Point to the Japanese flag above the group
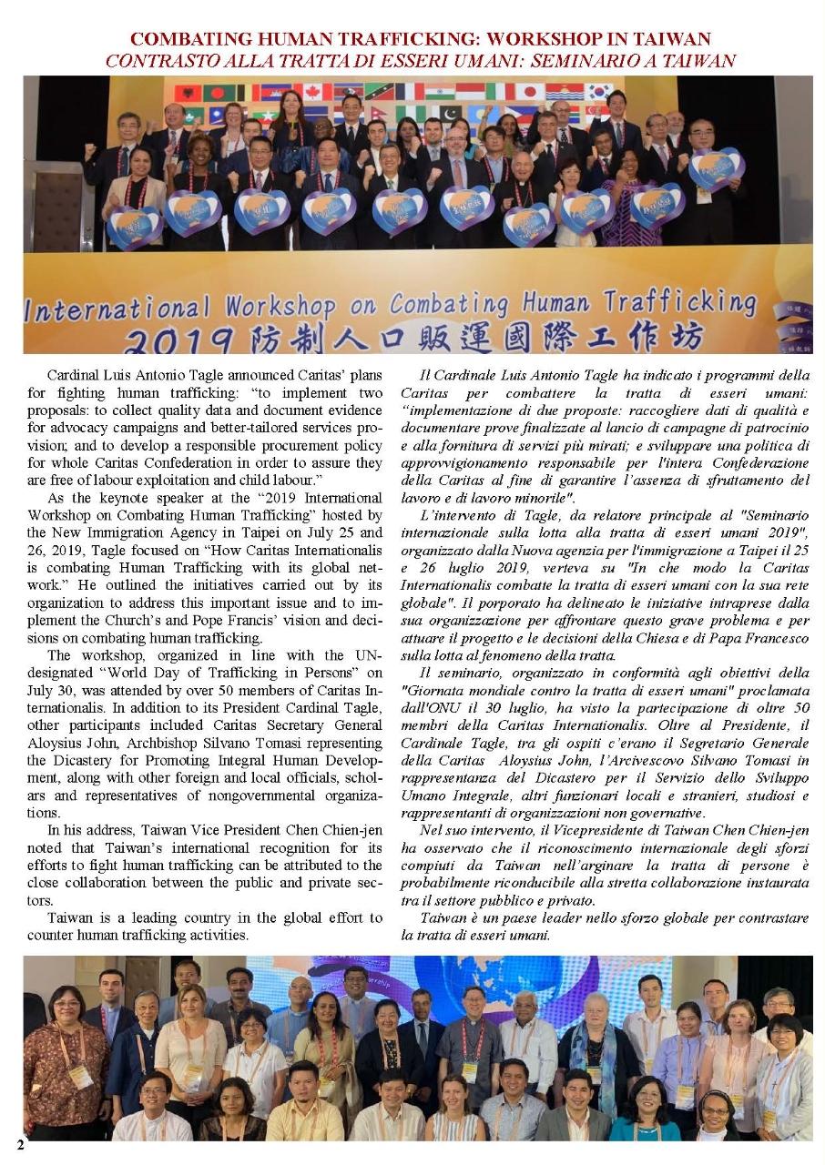click(529, 92)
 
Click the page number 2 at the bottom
click(20, 1145)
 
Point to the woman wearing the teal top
click(643, 1110)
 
